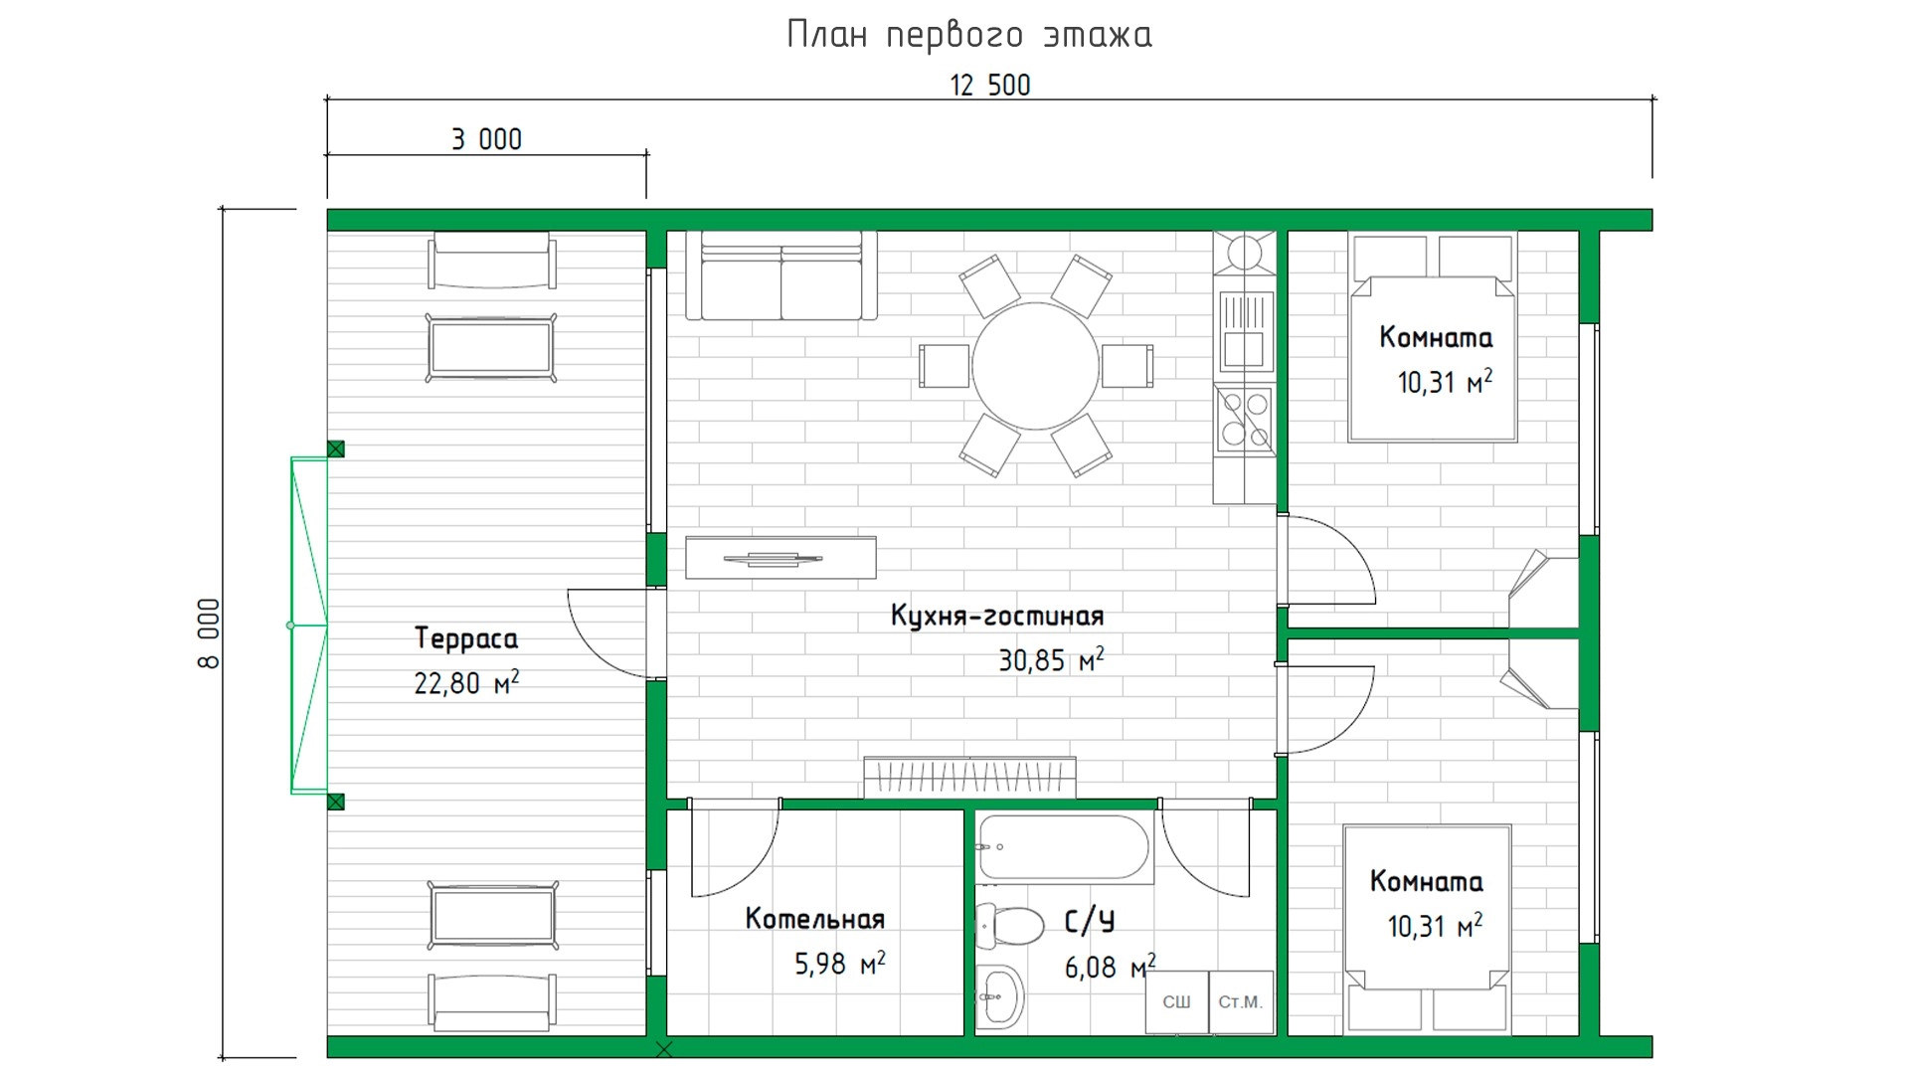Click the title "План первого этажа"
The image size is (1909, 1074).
point(969,35)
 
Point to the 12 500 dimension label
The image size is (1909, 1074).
point(990,86)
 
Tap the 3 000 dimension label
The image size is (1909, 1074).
point(486,139)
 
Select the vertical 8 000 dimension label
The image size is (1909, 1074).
point(209,633)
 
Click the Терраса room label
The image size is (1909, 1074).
point(466,638)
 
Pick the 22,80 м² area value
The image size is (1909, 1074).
point(466,683)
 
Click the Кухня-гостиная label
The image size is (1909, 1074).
point(997,616)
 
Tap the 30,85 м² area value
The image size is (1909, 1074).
point(1051,659)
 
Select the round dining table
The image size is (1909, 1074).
point(1036,366)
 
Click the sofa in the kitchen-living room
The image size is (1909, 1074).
point(781,275)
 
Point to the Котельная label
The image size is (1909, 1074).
point(815,919)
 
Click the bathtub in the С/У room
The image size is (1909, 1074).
point(1065,847)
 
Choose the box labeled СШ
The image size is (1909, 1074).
point(1176,1002)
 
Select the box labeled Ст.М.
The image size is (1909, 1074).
point(1241,1002)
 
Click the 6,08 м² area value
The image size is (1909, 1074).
point(1110,966)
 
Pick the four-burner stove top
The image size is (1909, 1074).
point(1245,419)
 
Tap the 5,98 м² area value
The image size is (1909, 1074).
point(839,963)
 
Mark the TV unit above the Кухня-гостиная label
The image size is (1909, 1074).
point(781,558)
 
